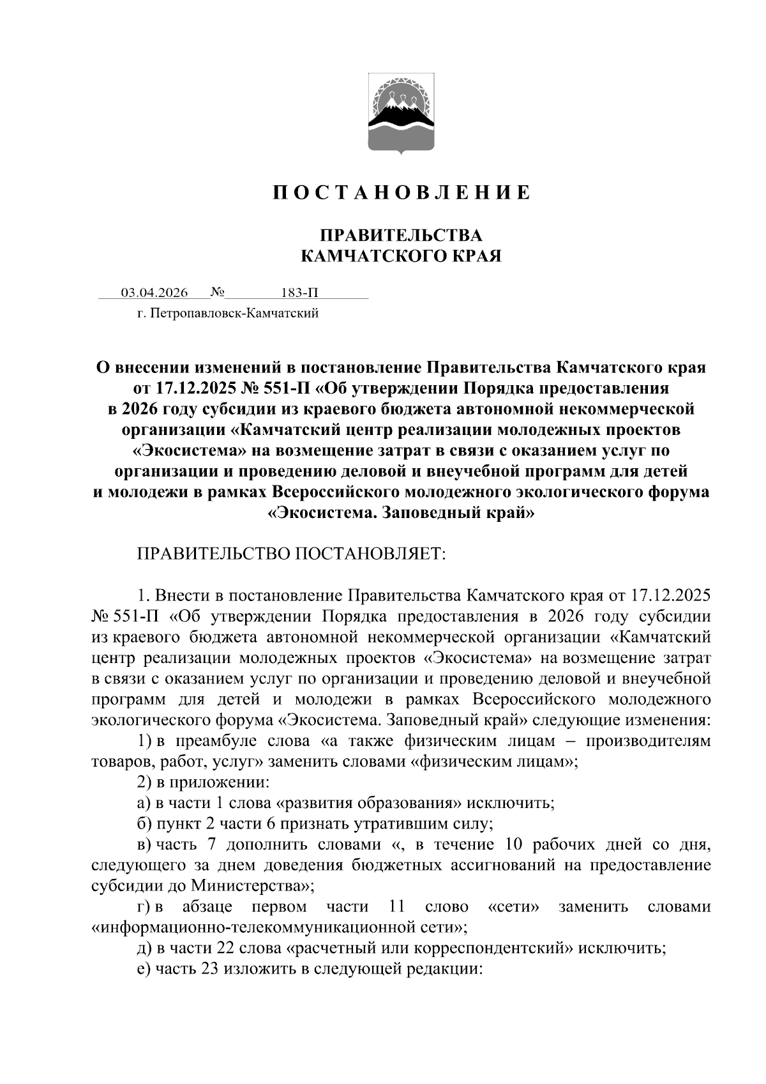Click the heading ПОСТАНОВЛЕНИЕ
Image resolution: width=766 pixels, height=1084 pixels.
[402, 192]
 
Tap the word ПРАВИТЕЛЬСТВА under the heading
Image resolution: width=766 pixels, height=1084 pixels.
[401, 235]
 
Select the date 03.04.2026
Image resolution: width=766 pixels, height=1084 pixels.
[154, 293]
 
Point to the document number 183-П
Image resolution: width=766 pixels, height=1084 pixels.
[299, 293]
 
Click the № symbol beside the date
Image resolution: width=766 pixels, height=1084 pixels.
[217, 293]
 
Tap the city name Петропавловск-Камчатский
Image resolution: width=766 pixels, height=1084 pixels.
[235, 314]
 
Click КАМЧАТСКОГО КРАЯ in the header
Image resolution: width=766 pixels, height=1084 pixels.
[401, 256]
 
